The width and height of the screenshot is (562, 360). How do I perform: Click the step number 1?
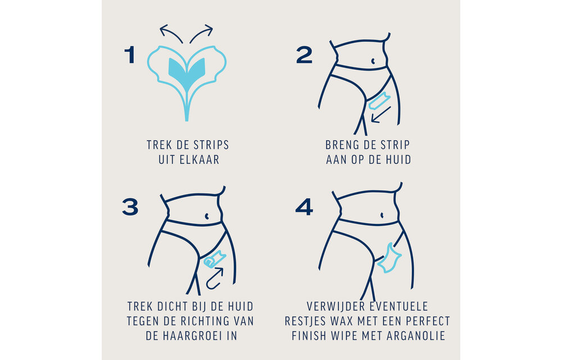129,55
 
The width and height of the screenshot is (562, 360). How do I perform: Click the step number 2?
304,55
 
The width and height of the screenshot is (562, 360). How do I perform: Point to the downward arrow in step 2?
380,114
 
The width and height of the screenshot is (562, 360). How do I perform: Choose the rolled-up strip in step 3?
213,259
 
